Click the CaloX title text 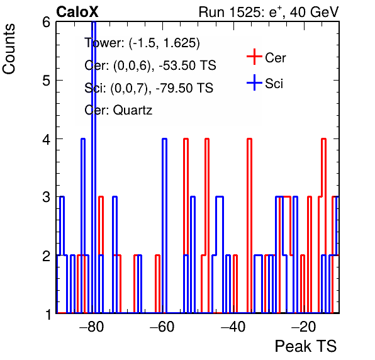point(77,12)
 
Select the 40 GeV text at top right point(314,12)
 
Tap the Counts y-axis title point(9,49)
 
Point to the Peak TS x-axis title point(306,346)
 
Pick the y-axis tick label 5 point(46,81)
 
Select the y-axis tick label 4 point(46,139)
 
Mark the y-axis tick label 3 point(46,198)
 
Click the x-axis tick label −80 point(92,327)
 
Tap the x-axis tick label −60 point(162,327)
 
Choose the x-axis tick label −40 point(233,327)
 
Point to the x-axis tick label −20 point(303,327)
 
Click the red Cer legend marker point(254,57)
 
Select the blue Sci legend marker point(254,82)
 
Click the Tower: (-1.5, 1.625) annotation point(142,43)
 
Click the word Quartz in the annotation point(133,110)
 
